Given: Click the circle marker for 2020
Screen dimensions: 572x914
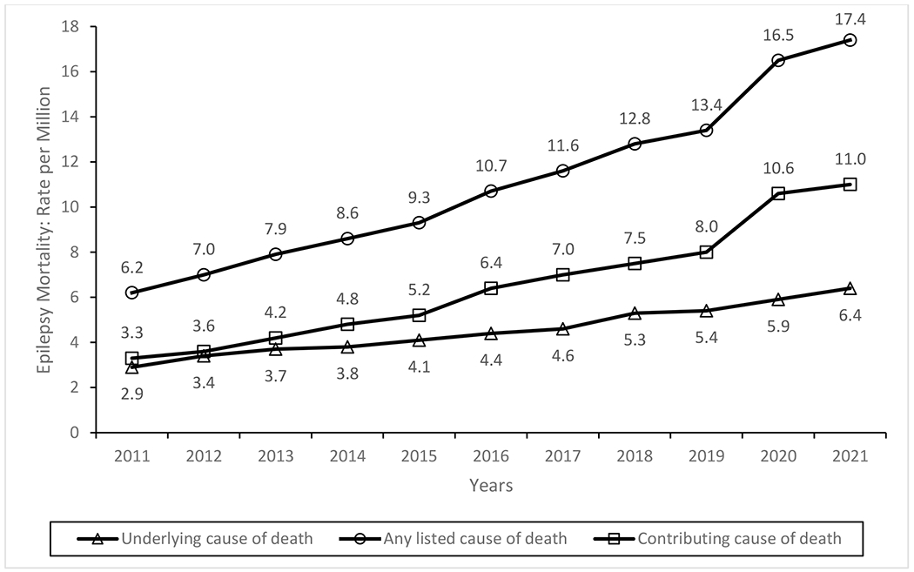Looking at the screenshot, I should tap(777, 60).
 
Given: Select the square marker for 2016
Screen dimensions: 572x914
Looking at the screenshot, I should tap(491, 288).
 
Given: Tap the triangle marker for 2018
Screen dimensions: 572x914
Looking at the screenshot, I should tap(635, 313).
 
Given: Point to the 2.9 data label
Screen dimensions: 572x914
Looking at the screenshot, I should tap(131, 394).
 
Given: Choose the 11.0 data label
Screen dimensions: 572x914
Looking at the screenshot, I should tap(850, 158).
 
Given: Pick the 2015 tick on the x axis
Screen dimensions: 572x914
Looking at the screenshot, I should tap(419, 456).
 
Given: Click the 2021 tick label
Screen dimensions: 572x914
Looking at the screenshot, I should tap(850, 456).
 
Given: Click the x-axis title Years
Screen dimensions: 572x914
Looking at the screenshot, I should tap(491, 486).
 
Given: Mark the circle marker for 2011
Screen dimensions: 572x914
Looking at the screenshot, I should tap(131, 293).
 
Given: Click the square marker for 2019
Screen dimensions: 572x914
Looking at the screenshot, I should tap(706, 252).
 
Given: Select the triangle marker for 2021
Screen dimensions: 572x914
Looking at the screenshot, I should tap(850, 288).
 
